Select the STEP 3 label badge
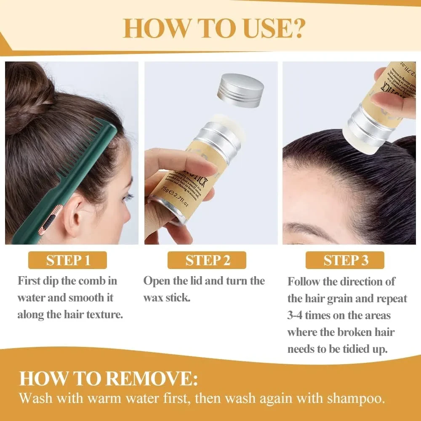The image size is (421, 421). [x=345, y=260]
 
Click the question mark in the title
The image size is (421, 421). [x=295, y=27]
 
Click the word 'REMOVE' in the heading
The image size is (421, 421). [x=153, y=378]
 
